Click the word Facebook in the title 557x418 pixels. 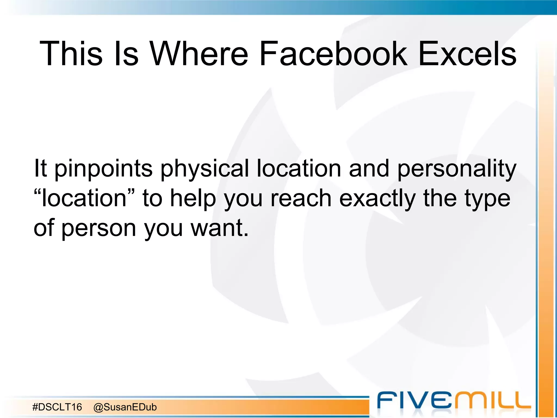tap(333, 54)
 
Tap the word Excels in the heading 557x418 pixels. tap(467, 54)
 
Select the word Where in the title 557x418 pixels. tap(199, 54)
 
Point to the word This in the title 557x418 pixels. tap(71, 54)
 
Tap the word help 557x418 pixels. tap(193, 198)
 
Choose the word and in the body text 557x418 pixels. tap(369, 168)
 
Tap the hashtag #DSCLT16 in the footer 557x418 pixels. tap(57, 407)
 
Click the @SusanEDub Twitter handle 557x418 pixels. tap(125, 407)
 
